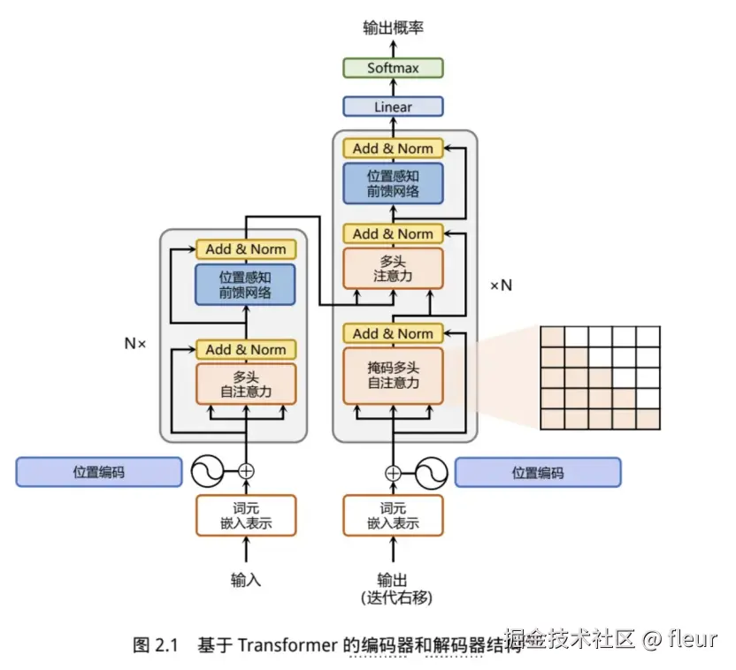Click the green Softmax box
point(393,68)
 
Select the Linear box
point(393,107)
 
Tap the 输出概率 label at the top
point(393,28)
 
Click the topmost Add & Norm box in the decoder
point(393,148)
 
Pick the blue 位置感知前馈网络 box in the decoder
point(393,183)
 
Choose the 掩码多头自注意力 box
point(393,376)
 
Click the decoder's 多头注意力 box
point(393,269)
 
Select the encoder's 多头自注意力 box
point(246,384)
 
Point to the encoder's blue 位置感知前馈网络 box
point(246,285)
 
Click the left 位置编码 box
point(98,472)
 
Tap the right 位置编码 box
point(537,472)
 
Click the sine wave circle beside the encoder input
point(208,471)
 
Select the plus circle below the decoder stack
point(393,472)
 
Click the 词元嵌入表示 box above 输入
point(246,515)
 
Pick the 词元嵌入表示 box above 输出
point(393,515)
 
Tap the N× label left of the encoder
point(134,343)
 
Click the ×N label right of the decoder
point(501,286)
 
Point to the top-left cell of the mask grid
point(552,337)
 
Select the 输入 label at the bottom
point(246,581)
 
